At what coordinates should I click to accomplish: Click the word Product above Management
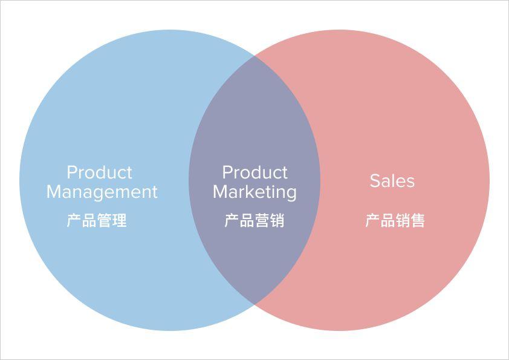[99, 172]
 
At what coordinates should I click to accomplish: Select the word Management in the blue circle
[102, 192]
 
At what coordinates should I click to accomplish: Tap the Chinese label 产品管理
[97, 220]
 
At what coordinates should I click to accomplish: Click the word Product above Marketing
[254, 172]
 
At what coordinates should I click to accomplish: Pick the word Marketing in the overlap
[254, 192]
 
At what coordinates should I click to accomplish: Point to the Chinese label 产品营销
[254, 220]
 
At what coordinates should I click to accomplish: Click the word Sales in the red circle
[392, 181]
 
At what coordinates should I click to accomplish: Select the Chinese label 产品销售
[395, 220]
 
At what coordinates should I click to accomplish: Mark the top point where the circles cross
[254, 55]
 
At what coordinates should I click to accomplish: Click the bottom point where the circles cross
[254, 305]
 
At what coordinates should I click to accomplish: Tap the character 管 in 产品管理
[105, 220]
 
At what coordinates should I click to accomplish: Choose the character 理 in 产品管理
[120, 220]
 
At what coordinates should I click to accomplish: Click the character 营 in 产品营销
[262, 220]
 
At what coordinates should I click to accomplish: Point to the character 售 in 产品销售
[418, 220]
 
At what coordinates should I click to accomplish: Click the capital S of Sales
[375, 181]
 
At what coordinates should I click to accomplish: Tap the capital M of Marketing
[220, 192]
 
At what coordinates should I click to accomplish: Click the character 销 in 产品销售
[403, 220]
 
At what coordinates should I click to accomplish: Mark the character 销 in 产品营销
[277, 220]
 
